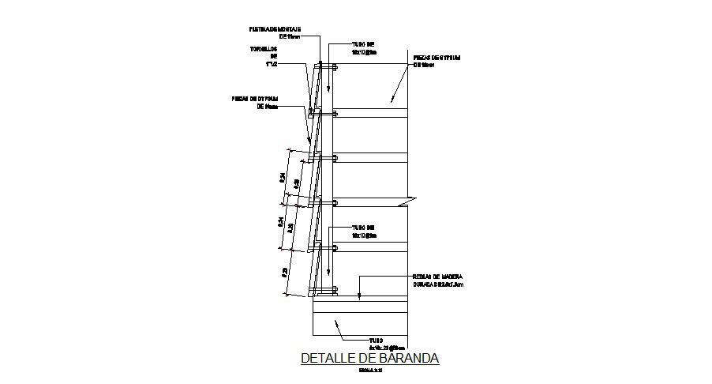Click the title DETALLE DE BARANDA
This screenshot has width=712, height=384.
point(369,358)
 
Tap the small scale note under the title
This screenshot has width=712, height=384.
point(369,370)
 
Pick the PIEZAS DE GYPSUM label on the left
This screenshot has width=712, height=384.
point(257,103)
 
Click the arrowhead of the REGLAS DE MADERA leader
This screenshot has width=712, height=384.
point(358,296)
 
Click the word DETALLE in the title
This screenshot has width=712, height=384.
point(332,358)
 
